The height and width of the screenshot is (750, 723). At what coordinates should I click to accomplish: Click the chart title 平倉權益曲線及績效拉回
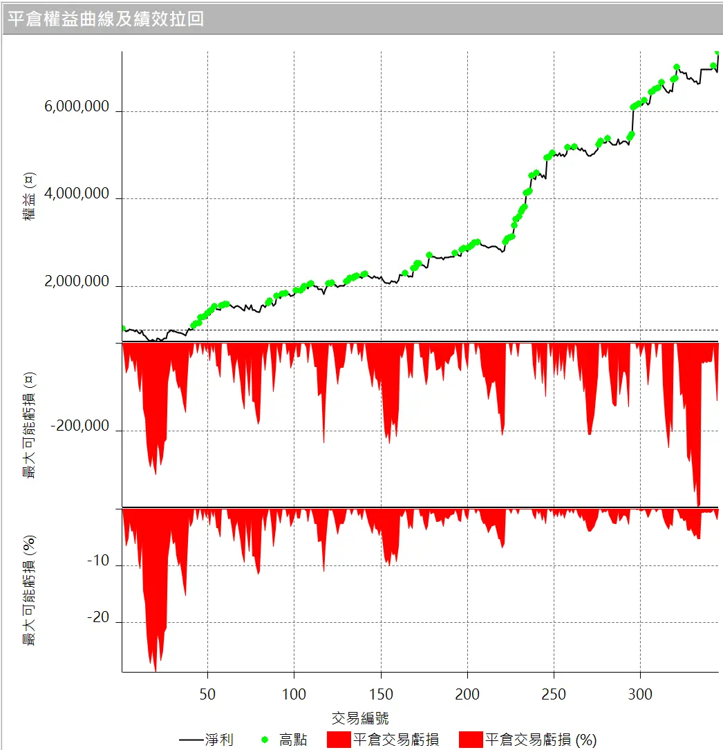pyautogui.click(x=106, y=19)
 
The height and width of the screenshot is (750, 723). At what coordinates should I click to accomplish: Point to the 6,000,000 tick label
pyautogui.click(x=77, y=107)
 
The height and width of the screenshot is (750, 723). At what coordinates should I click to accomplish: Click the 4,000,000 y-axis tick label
pyautogui.click(x=77, y=194)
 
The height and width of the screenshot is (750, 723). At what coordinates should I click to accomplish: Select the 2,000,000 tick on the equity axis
pyautogui.click(x=77, y=282)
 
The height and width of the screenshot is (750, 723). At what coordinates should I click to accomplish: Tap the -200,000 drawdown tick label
pyautogui.click(x=80, y=426)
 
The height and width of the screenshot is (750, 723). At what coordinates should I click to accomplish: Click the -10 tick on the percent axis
pyautogui.click(x=98, y=561)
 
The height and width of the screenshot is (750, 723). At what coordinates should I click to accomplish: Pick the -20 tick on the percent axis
pyautogui.click(x=98, y=618)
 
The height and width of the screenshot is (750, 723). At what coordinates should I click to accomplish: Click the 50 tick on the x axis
pyautogui.click(x=207, y=694)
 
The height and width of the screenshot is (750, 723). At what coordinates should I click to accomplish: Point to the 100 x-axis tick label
pyautogui.click(x=294, y=694)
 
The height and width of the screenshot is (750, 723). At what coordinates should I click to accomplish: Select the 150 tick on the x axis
pyautogui.click(x=381, y=694)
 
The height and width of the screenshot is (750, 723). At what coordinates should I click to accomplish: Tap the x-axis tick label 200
pyautogui.click(x=467, y=694)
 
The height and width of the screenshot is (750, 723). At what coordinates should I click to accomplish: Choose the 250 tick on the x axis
pyautogui.click(x=554, y=694)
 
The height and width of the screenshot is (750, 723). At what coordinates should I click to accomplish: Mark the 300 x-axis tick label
pyautogui.click(x=641, y=694)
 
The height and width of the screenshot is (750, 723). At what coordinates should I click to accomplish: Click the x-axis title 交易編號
pyautogui.click(x=360, y=718)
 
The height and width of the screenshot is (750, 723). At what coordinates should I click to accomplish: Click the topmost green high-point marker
pyautogui.click(x=717, y=52)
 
